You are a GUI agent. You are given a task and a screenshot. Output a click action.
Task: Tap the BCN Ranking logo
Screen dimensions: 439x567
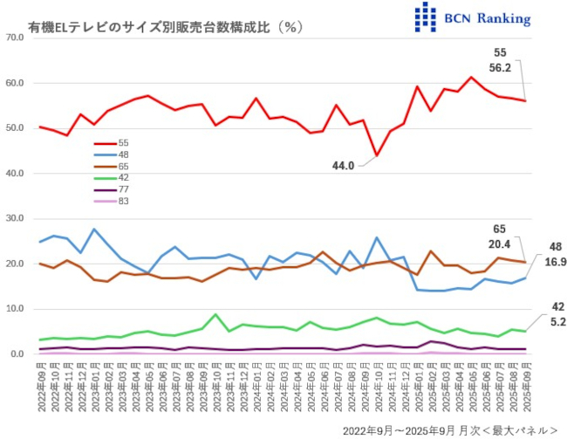point(472,17)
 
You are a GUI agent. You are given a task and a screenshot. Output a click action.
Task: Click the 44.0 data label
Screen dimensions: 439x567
point(342,166)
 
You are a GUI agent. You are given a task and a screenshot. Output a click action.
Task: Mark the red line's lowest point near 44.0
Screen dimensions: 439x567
point(377,155)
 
